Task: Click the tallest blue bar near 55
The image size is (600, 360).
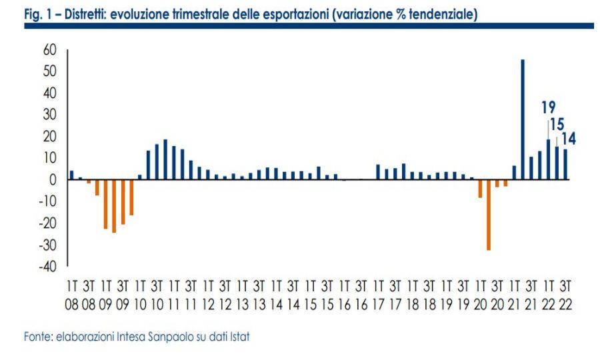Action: tap(523, 120)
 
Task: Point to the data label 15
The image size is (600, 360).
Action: tap(557, 125)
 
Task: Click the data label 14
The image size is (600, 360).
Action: tap(569, 139)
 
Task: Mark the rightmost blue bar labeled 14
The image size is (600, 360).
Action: tap(565, 164)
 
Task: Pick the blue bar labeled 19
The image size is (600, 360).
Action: tap(549, 159)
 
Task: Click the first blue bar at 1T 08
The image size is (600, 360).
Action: tap(71, 175)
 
